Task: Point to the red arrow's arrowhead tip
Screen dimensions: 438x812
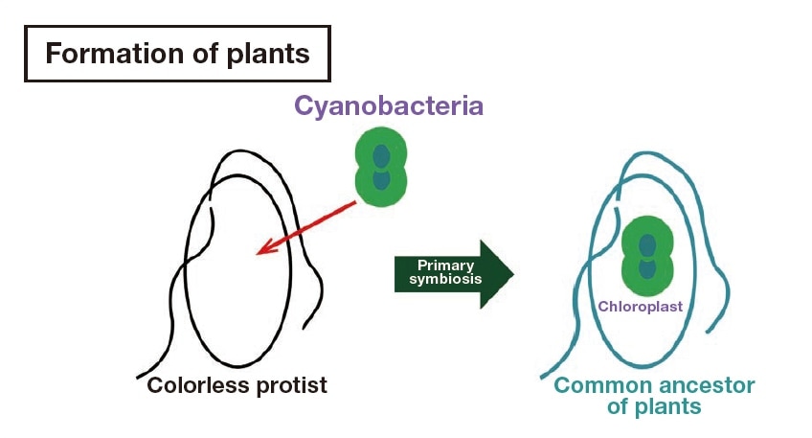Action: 258,254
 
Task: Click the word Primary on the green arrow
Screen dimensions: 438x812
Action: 440,265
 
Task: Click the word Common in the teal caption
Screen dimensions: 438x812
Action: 604,386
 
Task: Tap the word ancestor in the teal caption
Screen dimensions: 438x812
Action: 707,386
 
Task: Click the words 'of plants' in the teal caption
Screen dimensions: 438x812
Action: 654,407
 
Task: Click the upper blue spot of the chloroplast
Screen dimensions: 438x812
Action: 648,243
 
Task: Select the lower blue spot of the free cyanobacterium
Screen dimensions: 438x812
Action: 381,179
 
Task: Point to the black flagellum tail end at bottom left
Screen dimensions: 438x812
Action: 139,375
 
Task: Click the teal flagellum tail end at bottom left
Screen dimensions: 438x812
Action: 541,377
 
